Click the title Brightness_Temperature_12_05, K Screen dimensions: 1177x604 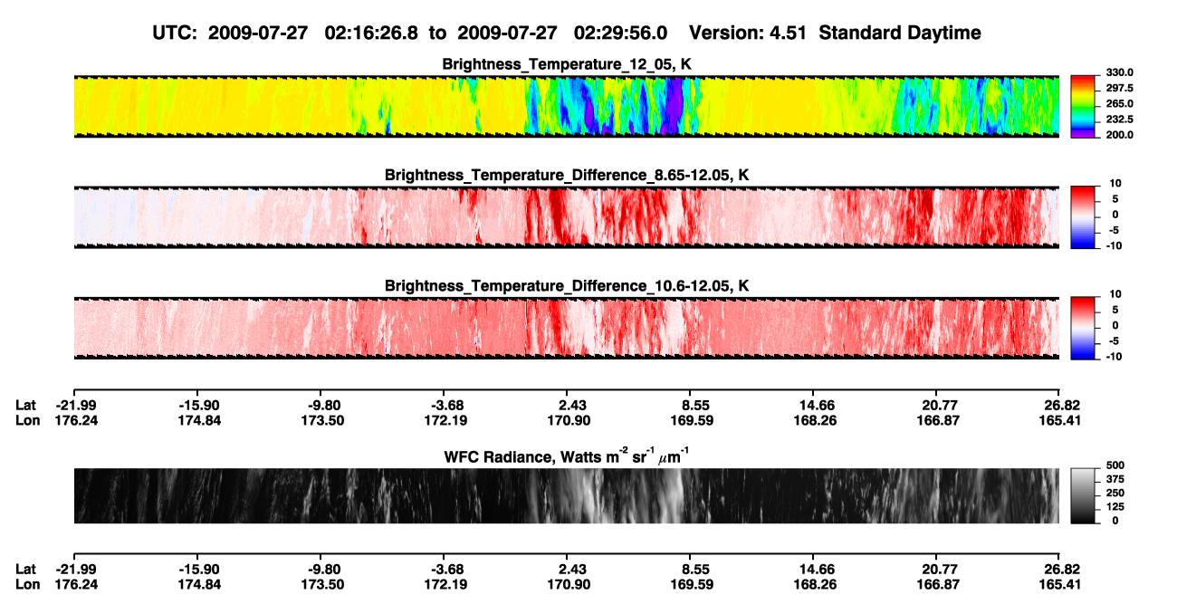pyautogui.click(x=567, y=64)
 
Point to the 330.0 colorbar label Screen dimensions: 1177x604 pyautogui.click(x=1119, y=72)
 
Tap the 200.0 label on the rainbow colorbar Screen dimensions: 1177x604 pyautogui.click(x=1119, y=135)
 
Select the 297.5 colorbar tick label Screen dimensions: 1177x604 pyautogui.click(x=1119, y=88)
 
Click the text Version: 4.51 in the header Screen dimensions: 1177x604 pyautogui.click(x=747, y=33)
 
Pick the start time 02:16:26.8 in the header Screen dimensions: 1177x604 pyautogui.click(x=371, y=33)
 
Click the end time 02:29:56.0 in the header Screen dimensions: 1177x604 pyautogui.click(x=620, y=33)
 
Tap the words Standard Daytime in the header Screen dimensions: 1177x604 pyautogui.click(x=900, y=33)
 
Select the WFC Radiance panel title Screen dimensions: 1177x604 pyautogui.click(x=567, y=456)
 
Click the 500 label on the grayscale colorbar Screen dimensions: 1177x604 pyautogui.click(x=1115, y=465)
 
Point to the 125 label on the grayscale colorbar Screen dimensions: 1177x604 pyautogui.click(x=1115, y=507)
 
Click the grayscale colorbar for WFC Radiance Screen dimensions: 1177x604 pyautogui.click(x=1083, y=495)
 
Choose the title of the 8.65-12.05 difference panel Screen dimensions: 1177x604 pyautogui.click(x=567, y=175)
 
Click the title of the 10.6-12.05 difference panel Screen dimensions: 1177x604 pyautogui.click(x=567, y=286)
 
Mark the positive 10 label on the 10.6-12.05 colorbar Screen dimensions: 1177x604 pyautogui.click(x=1115, y=294)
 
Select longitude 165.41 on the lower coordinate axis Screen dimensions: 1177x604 pyautogui.click(x=1059, y=585)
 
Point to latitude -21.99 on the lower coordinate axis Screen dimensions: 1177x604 pyautogui.click(x=76, y=570)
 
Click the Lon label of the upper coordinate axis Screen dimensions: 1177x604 pyautogui.click(x=28, y=420)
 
